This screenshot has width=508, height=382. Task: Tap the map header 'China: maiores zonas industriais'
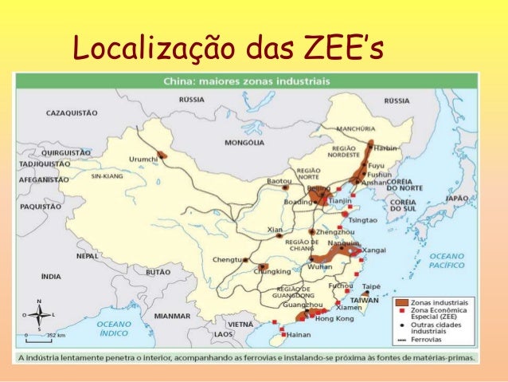pos(239,81)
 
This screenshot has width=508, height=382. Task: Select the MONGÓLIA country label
pos(244,143)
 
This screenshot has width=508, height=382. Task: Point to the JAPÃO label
pos(456,198)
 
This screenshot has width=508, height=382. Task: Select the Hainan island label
pos(299,335)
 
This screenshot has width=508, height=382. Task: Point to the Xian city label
pos(275,230)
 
